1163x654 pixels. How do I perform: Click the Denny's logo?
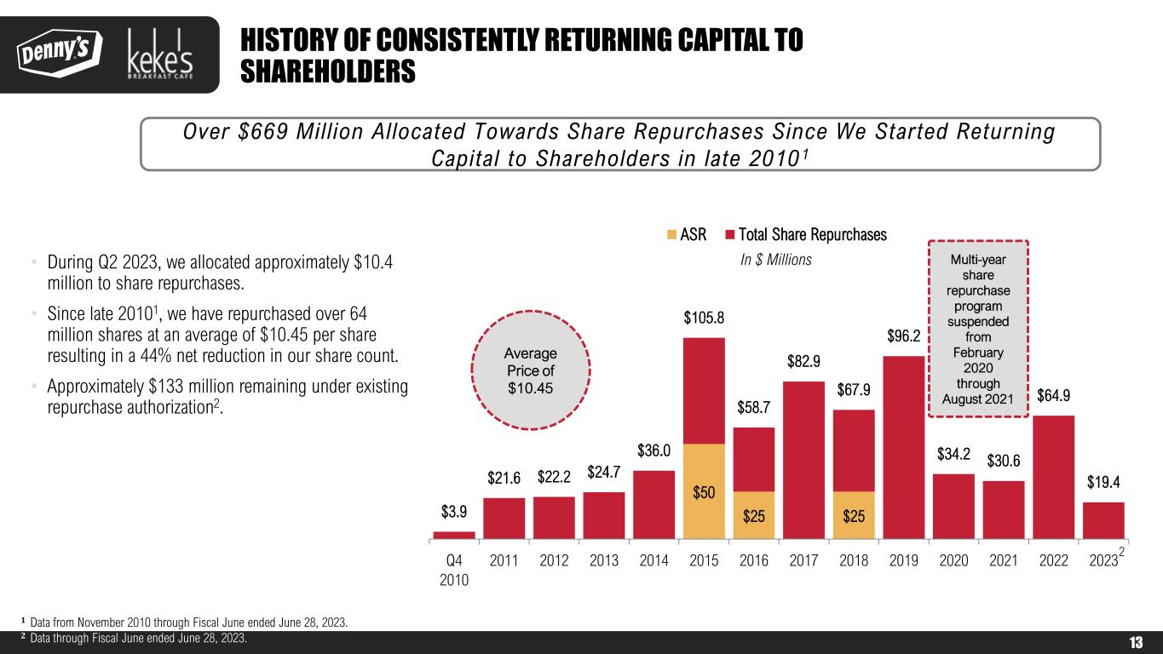coord(57,53)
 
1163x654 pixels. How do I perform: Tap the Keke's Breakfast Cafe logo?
coord(159,54)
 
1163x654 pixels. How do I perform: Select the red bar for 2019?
coord(903,447)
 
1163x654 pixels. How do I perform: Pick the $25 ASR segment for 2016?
coord(753,515)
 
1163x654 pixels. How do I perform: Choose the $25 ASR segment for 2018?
coord(853,515)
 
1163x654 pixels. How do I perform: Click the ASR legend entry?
coord(686,235)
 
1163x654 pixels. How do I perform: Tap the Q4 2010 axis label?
coord(454,570)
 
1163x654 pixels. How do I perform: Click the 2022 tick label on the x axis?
coord(1053,561)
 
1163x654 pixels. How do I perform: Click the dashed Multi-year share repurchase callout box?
coord(977,329)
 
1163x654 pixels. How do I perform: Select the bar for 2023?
coord(1103,520)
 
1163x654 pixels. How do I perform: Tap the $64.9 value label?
coord(1054,396)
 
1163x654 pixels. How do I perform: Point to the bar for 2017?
coord(803,460)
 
